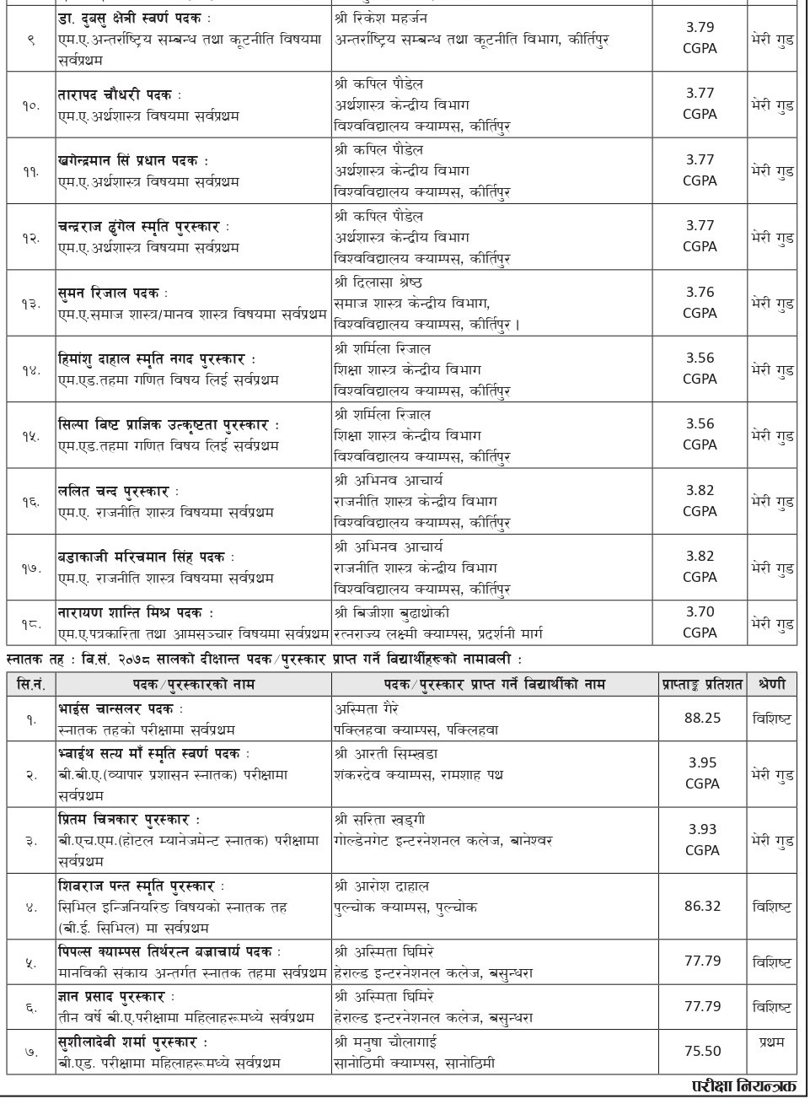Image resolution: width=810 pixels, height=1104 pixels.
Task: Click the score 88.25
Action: [x=701, y=719]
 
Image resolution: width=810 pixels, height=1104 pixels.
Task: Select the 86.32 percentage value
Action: [x=701, y=907]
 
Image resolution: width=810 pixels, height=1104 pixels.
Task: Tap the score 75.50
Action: [x=701, y=1051]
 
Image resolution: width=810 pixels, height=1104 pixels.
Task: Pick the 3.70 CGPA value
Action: [x=700, y=612]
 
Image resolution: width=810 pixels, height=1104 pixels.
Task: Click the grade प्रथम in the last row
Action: [x=771, y=1042]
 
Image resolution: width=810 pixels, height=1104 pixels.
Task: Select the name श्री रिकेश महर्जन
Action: [x=381, y=19]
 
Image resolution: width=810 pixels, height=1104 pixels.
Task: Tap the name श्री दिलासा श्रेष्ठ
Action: [x=378, y=282]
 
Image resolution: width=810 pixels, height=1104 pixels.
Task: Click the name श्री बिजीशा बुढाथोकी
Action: [x=392, y=612]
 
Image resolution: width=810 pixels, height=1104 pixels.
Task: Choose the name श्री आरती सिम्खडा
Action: [x=386, y=754]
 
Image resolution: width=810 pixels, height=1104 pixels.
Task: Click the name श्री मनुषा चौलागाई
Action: [x=390, y=1042]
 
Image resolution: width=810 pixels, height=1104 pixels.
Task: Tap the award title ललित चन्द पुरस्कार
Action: [x=115, y=492]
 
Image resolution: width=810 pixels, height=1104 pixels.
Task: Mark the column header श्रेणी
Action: [x=771, y=685]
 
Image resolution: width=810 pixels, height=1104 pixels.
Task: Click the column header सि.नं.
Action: [x=30, y=685]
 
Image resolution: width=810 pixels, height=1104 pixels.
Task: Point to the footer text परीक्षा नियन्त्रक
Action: [x=742, y=1085]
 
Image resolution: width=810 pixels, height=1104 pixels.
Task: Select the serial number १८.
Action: [x=30, y=622]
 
